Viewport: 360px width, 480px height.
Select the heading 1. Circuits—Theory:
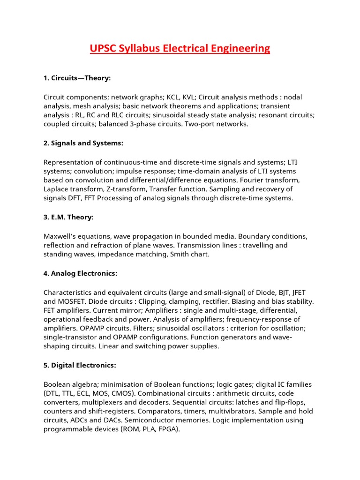pyautogui.click(x=77, y=78)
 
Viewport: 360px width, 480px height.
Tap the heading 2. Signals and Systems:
pyautogui.click(x=83, y=143)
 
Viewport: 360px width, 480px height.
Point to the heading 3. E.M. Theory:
pyautogui.click(x=68, y=217)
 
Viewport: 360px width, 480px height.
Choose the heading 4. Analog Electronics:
pyautogui.click(x=80, y=273)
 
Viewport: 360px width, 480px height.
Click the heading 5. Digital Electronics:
pyautogui.click(x=80, y=365)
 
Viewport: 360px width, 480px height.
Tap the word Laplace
pyautogui.click(x=57, y=189)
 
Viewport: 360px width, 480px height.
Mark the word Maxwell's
pyautogui.click(x=60, y=236)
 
